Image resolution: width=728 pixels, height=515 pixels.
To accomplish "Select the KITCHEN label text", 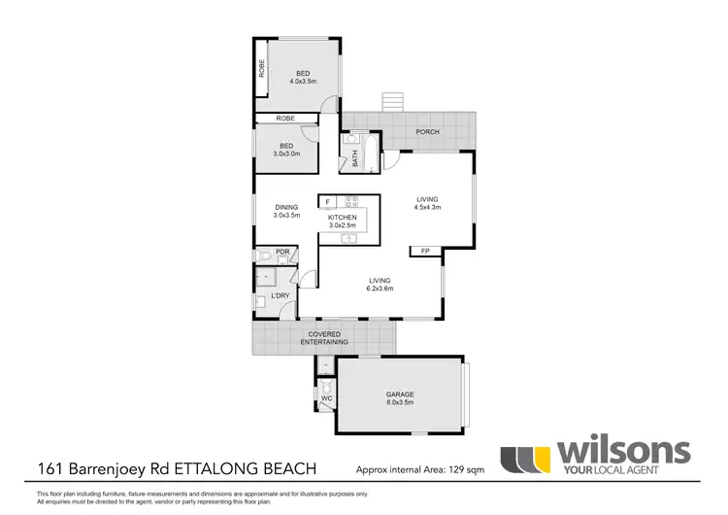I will [x=342, y=218].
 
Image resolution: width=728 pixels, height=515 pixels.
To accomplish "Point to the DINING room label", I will [x=285, y=206].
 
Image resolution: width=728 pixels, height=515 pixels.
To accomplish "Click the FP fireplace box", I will [x=425, y=252].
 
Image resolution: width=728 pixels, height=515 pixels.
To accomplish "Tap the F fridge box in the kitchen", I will [x=328, y=202].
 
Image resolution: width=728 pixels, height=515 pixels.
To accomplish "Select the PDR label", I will [x=282, y=253].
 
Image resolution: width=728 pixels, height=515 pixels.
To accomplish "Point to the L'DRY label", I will [x=281, y=294].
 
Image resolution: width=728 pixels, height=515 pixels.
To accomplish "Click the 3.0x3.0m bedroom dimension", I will [x=285, y=154].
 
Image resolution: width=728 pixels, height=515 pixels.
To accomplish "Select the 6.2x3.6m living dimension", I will [x=380, y=288].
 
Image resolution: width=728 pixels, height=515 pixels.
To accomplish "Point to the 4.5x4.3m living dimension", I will [x=428, y=206].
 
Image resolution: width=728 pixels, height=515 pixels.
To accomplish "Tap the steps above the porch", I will [x=392, y=101].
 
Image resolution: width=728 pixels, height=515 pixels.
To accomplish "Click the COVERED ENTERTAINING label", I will [x=323, y=339].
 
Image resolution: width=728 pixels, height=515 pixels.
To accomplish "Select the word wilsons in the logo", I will [x=621, y=451].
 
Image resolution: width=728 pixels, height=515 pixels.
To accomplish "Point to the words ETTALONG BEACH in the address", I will [x=251, y=468].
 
